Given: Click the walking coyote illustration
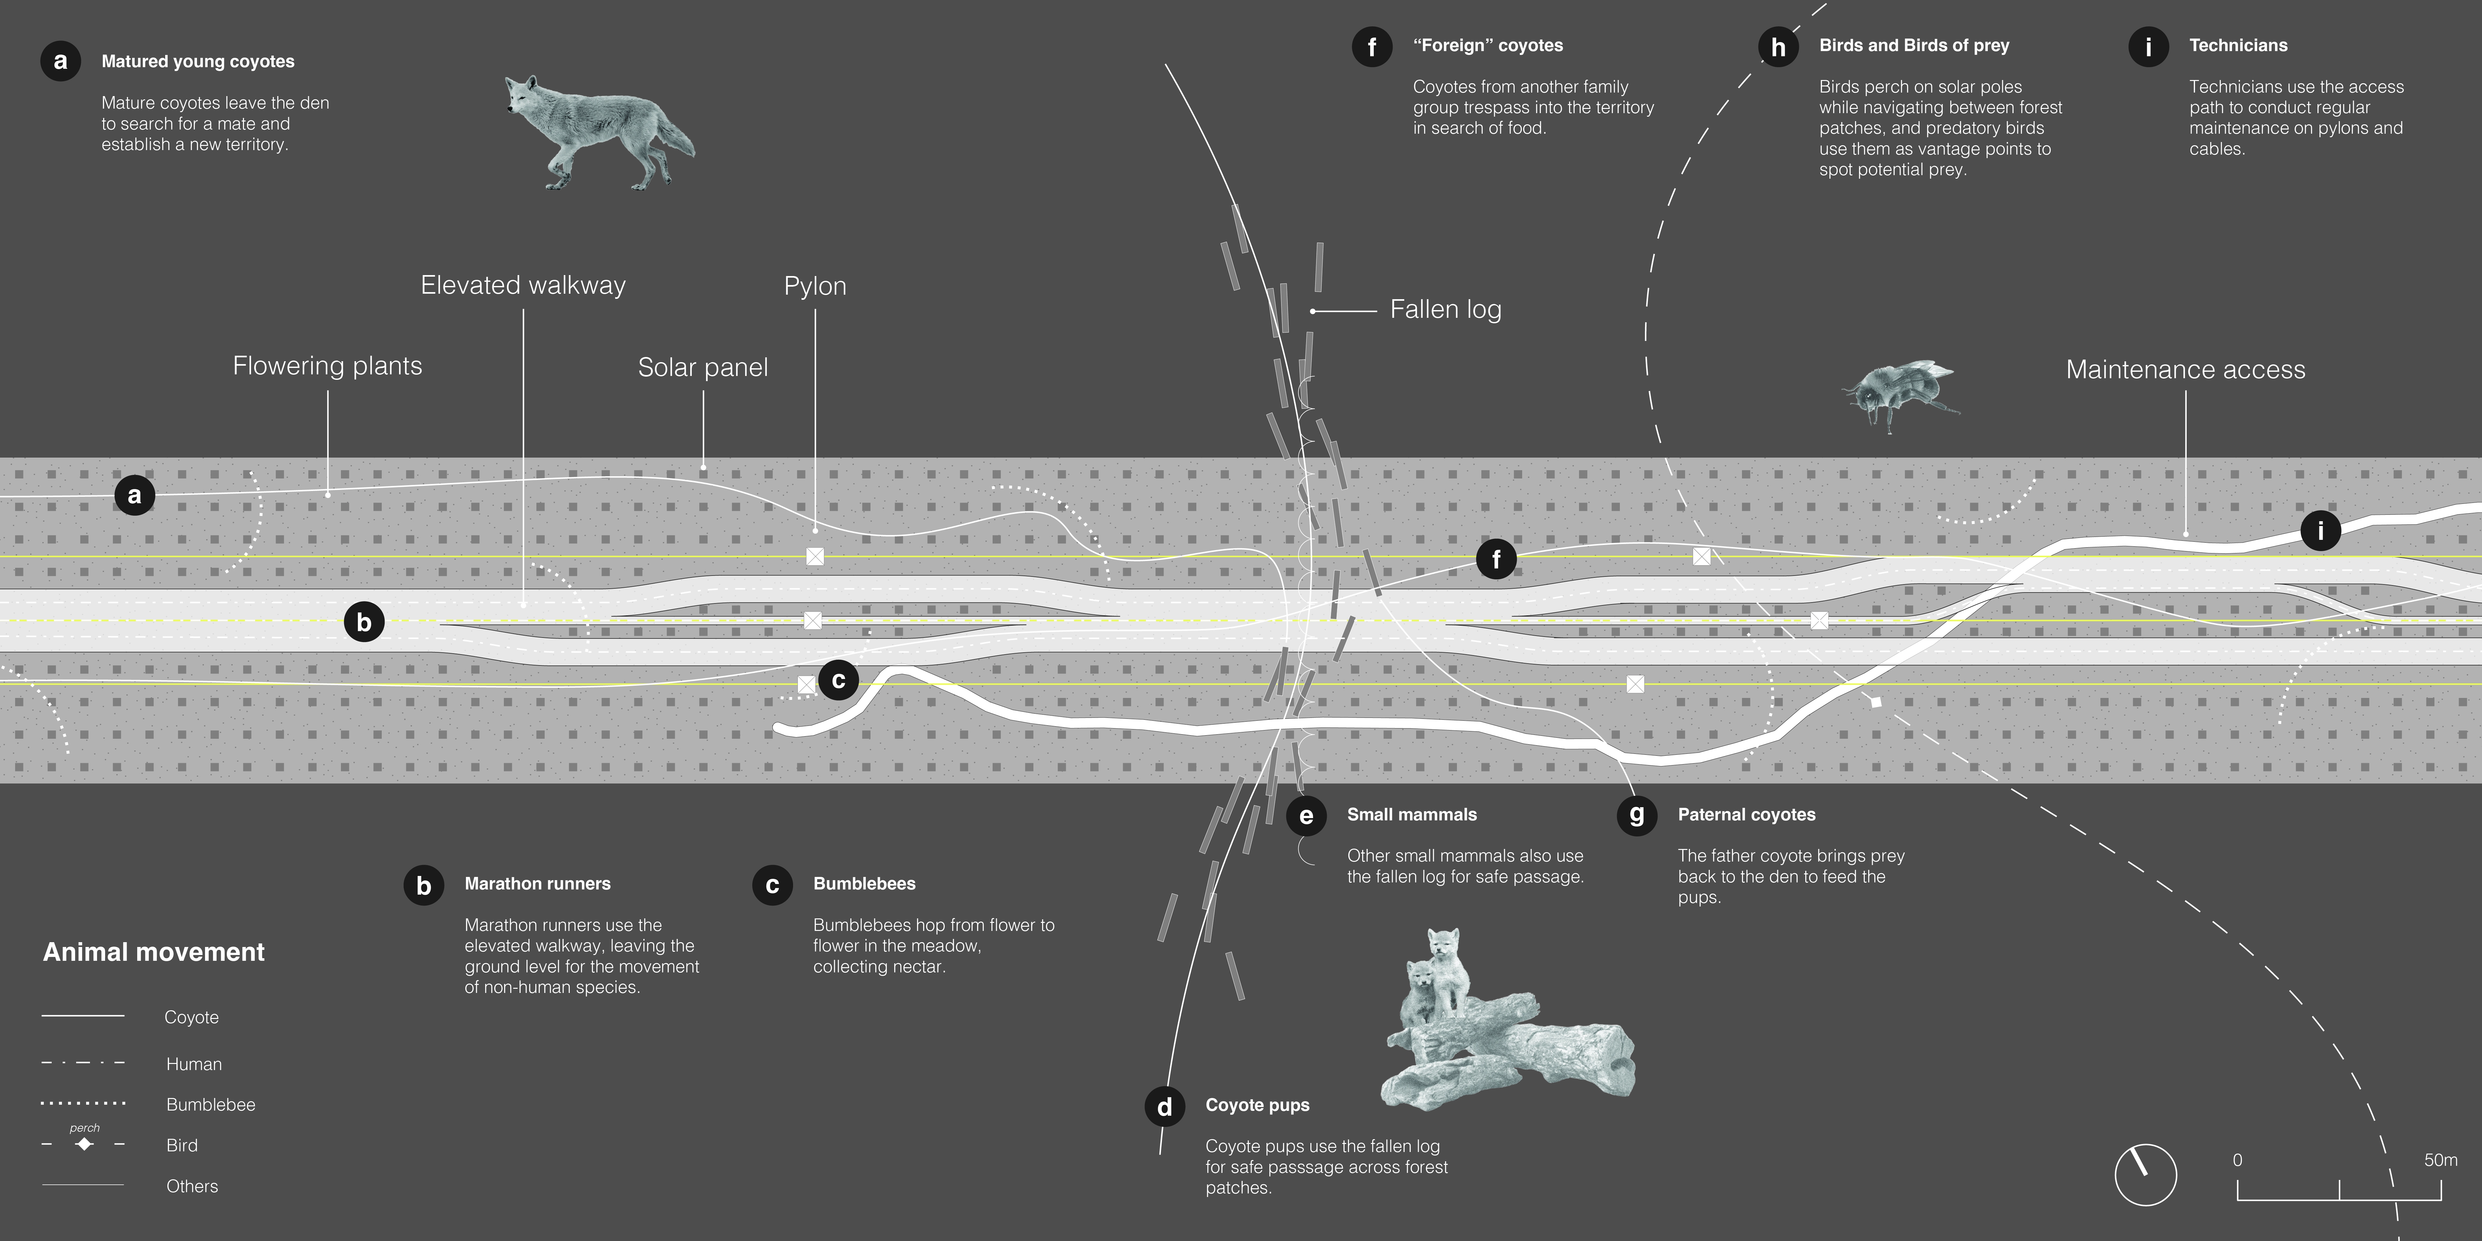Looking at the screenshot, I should tap(597, 133).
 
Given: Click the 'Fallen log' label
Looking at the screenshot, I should tap(1445, 309).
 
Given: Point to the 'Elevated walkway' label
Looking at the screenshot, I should tap(523, 285).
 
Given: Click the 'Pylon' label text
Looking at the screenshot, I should tap(815, 286).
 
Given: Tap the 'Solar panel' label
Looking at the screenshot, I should tap(702, 367).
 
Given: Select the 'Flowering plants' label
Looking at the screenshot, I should tap(327, 366).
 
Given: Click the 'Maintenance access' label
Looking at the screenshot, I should tap(2185, 370).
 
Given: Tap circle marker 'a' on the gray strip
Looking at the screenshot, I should tap(135, 495).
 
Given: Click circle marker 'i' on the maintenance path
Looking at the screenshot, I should tap(2320, 530).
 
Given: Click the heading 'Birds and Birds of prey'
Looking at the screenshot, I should tap(1914, 45).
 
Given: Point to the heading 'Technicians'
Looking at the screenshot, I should tap(2237, 45).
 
